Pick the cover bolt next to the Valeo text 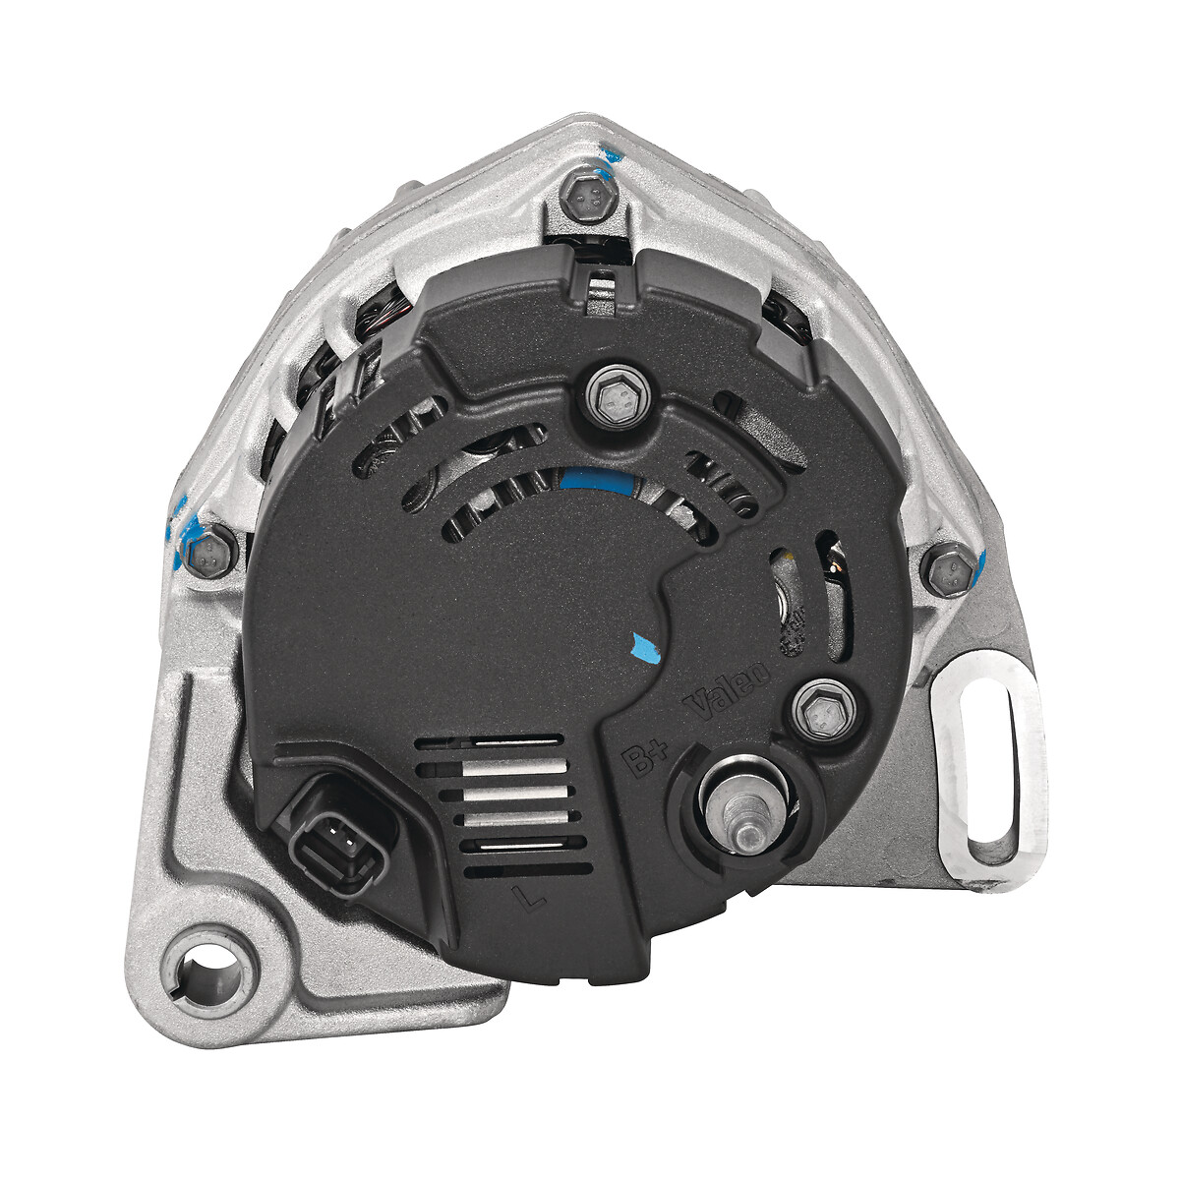tap(822, 710)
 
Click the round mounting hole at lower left tap(207, 960)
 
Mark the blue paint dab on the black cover tap(644, 644)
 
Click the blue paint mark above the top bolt tap(612, 153)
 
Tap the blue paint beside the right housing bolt tap(980, 567)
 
